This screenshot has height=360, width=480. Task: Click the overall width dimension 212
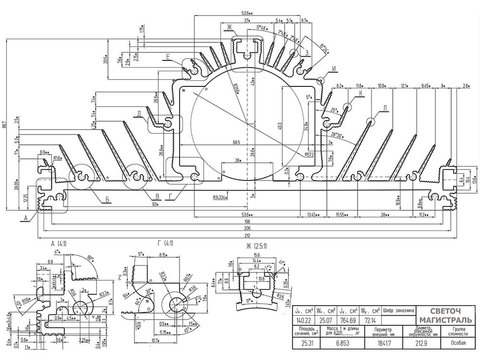pyautogui.click(x=248, y=235)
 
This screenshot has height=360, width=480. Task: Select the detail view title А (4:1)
pyautogui.click(x=59, y=243)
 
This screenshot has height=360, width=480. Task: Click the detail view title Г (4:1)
pyautogui.click(x=152, y=243)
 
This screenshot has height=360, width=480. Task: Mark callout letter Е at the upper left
pyautogui.click(x=168, y=57)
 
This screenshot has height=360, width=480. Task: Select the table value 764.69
pyautogui.click(x=348, y=320)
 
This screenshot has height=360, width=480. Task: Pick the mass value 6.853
pyautogui.click(x=343, y=344)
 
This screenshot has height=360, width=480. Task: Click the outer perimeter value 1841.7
pyautogui.click(x=382, y=344)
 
